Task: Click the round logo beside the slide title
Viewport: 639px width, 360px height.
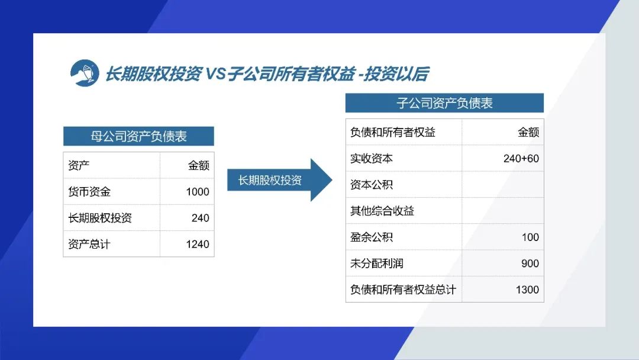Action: [x=85, y=73]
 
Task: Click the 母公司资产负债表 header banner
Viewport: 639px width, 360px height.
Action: [x=138, y=136]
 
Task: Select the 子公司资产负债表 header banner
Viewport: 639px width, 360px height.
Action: [x=444, y=103]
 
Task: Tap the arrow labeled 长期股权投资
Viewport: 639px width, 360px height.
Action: [x=279, y=180]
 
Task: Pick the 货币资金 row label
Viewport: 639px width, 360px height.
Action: [x=89, y=192]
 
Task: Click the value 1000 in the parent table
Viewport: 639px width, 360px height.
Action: [x=198, y=192]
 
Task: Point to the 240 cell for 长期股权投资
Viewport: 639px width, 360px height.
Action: [x=201, y=218]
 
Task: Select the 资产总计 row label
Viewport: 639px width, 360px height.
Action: [x=89, y=244]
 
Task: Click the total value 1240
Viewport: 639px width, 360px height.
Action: [x=198, y=244]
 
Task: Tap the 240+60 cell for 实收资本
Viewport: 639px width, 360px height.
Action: [x=521, y=158]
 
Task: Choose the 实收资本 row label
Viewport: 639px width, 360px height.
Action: [x=371, y=158]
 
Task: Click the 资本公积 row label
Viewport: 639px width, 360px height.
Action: [x=371, y=185]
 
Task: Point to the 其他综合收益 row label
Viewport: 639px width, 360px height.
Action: [x=382, y=211]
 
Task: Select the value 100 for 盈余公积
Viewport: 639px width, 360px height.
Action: [x=530, y=237]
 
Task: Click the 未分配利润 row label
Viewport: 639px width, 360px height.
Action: [x=377, y=263]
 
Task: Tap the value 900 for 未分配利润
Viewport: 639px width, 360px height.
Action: [x=530, y=263]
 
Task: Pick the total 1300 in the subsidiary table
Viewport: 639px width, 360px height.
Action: [x=527, y=290]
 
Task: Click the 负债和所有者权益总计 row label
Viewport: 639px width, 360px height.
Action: [x=403, y=290]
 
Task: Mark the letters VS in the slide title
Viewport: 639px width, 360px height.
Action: [x=215, y=74]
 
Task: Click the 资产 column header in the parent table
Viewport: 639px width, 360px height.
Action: [x=79, y=165]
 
